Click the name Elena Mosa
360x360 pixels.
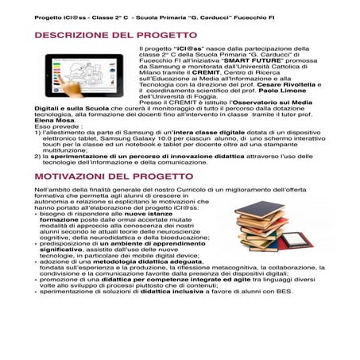[54, 120]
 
